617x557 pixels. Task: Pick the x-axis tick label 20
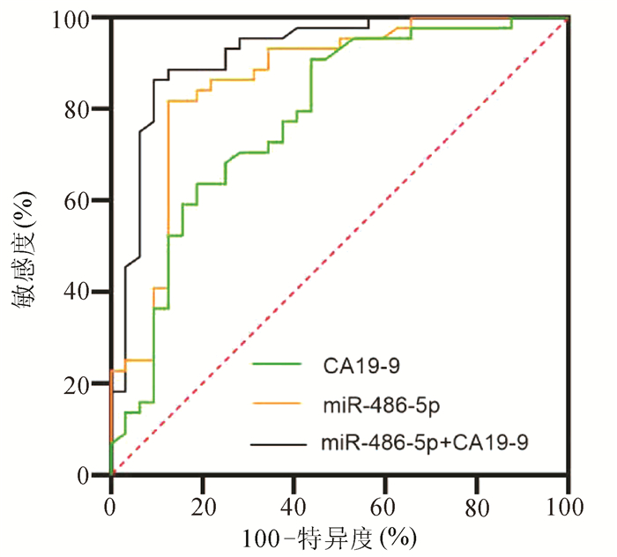(x=203, y=507)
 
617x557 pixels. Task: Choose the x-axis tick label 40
(x=294, y=507)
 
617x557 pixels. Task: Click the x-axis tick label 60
(x=385, y=507)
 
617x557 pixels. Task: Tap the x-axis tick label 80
(x=477, y=507)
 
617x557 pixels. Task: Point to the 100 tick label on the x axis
(x=568, y=507)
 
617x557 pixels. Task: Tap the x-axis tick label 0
(x=111, y=507)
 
